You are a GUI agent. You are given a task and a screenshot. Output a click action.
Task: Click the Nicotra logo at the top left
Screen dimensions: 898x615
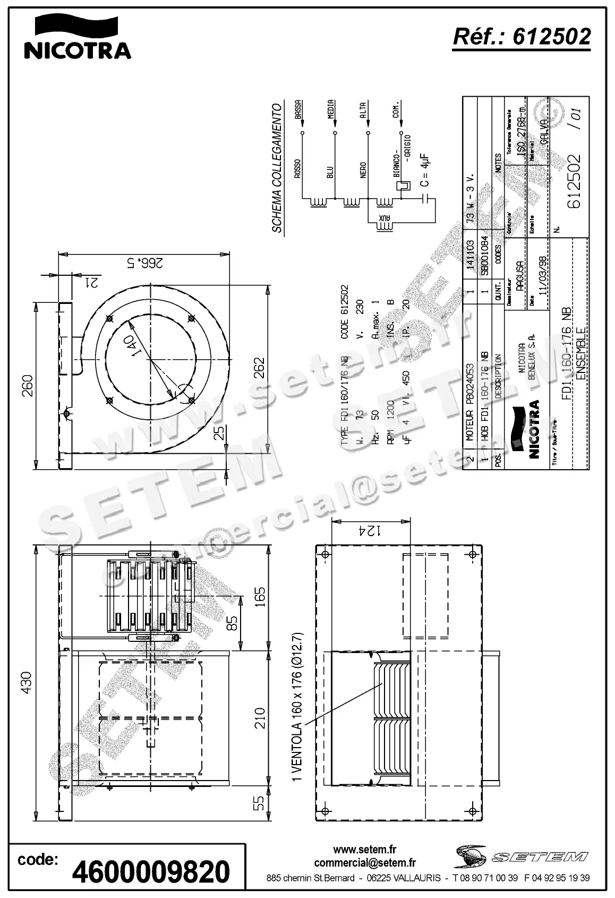(78, 37)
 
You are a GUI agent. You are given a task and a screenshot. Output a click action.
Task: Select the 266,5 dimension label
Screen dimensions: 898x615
(143, 262)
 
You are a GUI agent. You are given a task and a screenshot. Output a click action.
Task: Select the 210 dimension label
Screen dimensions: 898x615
(259, 718)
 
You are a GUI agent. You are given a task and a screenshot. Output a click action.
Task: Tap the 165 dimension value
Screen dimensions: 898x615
(259, 599)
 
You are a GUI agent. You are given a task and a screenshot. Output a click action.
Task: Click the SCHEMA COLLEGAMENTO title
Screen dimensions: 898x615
(277, 168)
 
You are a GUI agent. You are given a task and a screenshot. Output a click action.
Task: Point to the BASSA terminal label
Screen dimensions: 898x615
(298, 109)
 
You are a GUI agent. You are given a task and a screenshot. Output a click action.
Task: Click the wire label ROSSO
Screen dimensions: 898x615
(298, 168)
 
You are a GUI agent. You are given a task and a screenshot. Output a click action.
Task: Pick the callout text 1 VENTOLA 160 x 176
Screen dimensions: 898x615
(297, 707)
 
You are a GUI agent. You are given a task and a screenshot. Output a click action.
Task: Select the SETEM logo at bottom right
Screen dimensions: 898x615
(521, 856)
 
